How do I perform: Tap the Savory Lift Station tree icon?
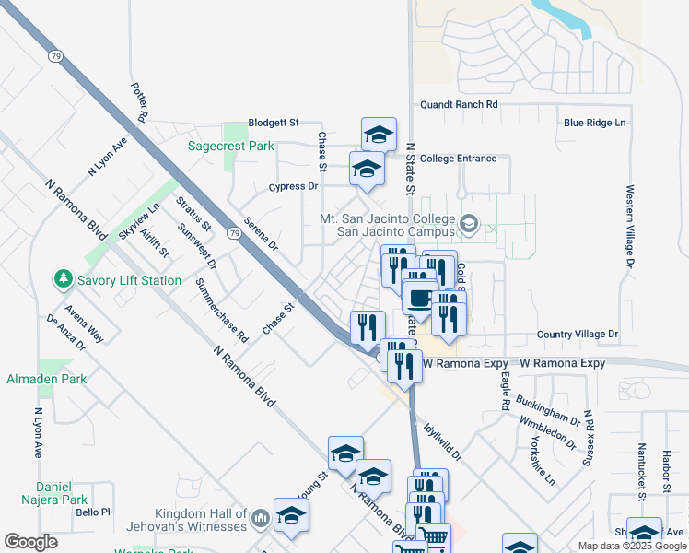coord(63,278)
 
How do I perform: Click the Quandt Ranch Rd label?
coord(458,105)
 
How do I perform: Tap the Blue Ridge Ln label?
coord(594,123)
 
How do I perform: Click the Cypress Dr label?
coord(293,186)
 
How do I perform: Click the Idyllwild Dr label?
coord(442,441)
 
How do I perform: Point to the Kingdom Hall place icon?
coord(260,520)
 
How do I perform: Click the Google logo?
coord(30,542)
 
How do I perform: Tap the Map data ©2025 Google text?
coord(631,546)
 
